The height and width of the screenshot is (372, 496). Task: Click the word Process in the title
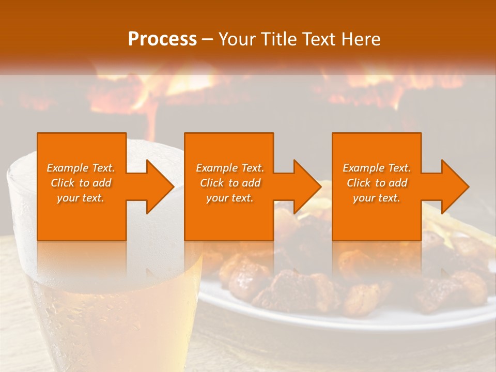[x=162, y=39]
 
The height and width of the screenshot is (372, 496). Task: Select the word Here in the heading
[x=361, y=39]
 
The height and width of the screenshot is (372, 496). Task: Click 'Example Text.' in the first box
[x=81, y=168]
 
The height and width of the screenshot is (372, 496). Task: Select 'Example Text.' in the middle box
[x=230, y=168]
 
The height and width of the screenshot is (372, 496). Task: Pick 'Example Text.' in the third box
[x=377, y=168]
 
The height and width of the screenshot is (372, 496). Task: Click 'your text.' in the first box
[x=81, y=198]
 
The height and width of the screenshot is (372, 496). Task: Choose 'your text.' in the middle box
[x=230, y=198]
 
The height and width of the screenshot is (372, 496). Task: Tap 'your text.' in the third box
[x=377, y=198]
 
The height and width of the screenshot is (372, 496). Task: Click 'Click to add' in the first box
[x=81, y=183]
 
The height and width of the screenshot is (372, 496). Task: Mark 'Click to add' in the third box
[x=377, y=183]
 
